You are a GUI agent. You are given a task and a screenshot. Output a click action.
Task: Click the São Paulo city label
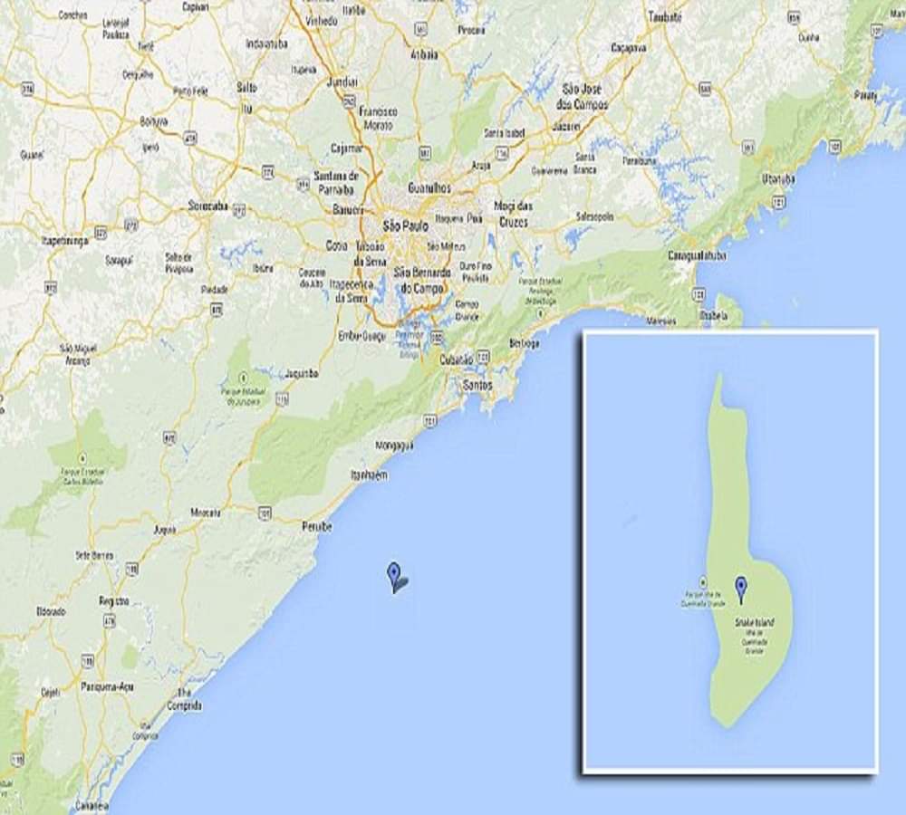[x=405, y=225]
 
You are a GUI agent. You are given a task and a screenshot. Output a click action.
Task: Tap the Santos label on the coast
[x=477, y=385]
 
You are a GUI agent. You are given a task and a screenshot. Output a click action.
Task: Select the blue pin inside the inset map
[x=741, y=589]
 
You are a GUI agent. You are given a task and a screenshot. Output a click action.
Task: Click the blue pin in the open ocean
[x=393, y=574]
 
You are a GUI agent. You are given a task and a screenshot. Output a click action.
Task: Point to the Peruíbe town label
[x=316, y=526]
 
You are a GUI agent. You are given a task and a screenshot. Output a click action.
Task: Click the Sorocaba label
[x=207, y=206]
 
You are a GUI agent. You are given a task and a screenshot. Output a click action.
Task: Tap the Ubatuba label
[x=778, y=178]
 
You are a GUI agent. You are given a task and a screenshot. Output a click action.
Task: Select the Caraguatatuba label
[x=697, y=255]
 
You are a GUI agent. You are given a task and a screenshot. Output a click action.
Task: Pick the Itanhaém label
[x=369, y=475]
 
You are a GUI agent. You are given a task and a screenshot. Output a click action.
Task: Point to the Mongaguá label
[x=394, y=446]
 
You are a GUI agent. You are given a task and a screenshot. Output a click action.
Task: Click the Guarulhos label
[x=429, y=188]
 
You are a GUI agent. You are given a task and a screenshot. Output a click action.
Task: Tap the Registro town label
[x=114, y=600]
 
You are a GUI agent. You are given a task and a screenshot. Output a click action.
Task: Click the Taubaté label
[x=666, y=16]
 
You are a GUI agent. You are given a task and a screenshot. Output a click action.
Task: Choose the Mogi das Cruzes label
[x=513, y=212]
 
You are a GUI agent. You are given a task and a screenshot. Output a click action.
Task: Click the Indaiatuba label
[x=266, y=43]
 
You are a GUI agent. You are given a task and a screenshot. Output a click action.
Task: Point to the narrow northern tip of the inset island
[x=718, y=380]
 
